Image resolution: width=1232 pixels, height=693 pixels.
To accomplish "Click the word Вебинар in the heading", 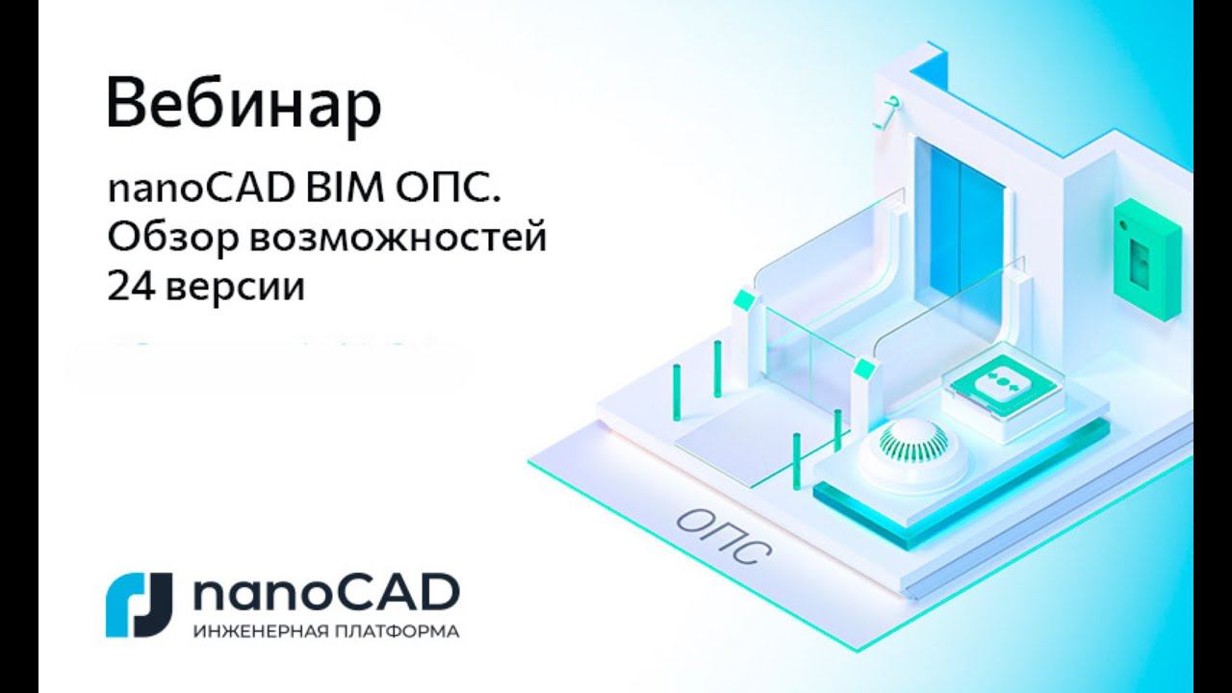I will click(x=244, y=106).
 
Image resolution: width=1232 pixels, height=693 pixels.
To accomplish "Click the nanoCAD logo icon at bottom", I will click(x=139, y=604).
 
